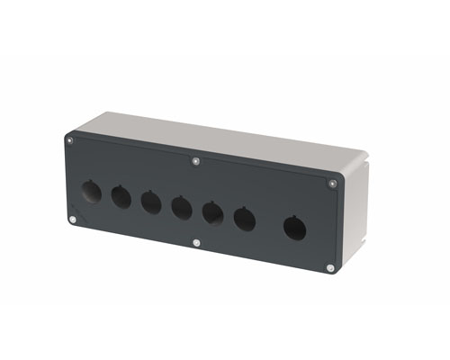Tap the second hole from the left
pos(121,196)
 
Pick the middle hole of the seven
pos(182,208)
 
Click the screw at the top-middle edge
pos(197,162)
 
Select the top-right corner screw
pos(332,184)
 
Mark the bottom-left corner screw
pos(73,219)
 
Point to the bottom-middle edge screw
pos(197,242)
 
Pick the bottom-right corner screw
pos(330,267)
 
